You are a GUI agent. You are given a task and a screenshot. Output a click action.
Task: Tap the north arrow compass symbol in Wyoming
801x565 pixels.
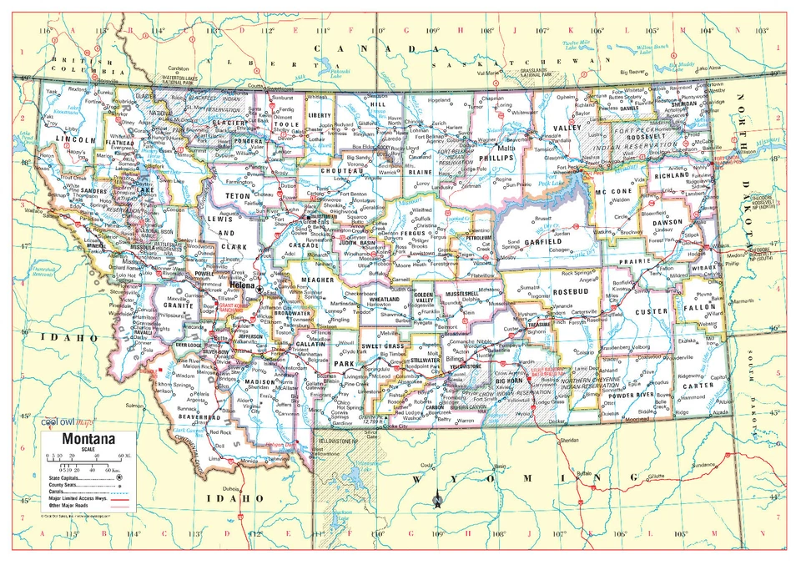coord(436,500)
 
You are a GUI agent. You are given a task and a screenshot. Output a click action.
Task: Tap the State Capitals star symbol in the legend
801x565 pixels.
coord(118,477)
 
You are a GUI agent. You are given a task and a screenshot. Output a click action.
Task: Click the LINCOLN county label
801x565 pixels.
coord(72,140)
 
